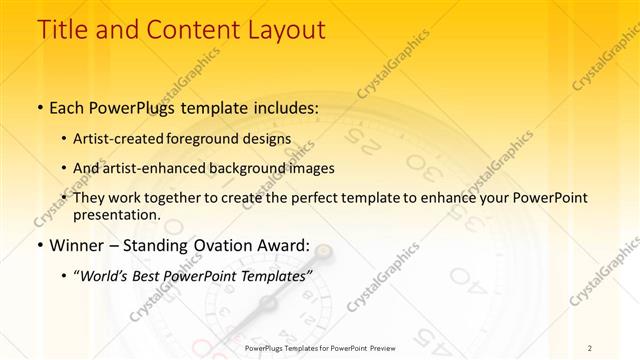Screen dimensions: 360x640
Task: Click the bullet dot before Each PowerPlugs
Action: click(39, 106)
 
